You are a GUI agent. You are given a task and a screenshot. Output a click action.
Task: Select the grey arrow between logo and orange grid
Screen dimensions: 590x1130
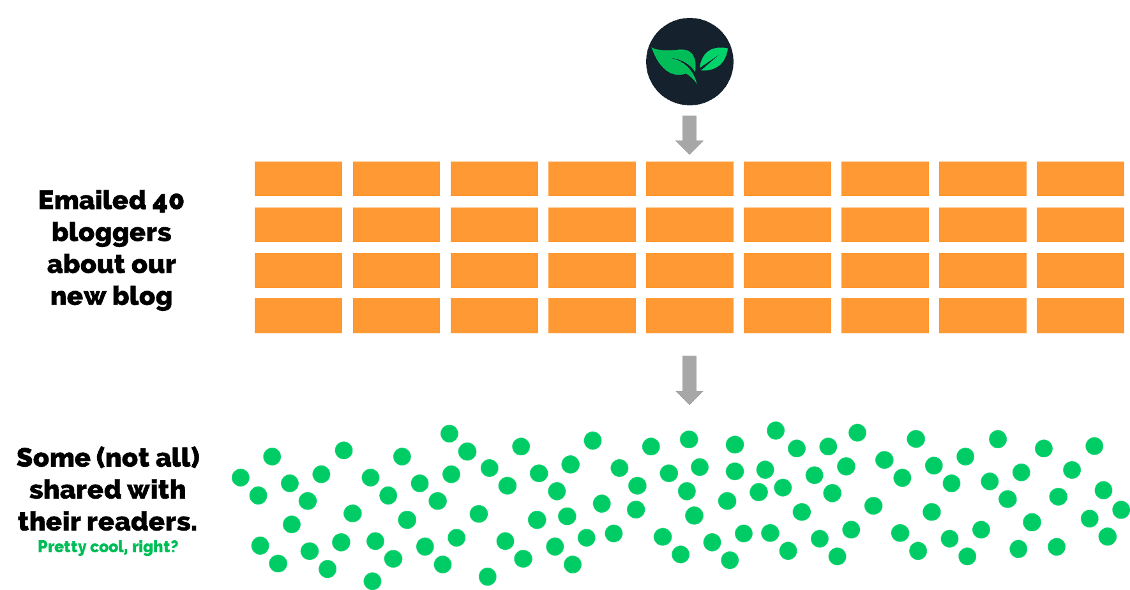[x=689, y=134]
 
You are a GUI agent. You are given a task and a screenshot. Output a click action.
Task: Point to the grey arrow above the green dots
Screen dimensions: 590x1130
[x=689, y=380]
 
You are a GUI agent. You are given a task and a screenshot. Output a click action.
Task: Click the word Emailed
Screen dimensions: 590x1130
[x=93, y=200]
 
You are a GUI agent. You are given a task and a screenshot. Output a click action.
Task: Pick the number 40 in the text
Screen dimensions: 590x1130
[x=169, y=202]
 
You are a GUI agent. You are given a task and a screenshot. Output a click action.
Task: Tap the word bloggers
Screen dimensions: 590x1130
[x=111, y=233]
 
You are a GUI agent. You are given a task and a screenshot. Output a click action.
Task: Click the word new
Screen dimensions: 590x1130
[x=77, y=296]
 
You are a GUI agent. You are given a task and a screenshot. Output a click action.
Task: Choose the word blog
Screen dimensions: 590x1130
[x=142, y=297]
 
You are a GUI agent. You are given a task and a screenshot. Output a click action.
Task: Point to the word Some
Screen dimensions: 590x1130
[x=54, y=458]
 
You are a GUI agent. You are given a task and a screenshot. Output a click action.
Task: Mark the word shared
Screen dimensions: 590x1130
[x=66, y=490]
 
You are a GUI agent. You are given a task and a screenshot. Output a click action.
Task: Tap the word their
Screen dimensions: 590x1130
[x=47, y=522]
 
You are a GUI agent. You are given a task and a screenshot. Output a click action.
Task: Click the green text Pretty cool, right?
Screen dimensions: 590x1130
[x=108, y=547]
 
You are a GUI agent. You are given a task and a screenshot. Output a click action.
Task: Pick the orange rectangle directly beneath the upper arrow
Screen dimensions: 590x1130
[x=689, y=179]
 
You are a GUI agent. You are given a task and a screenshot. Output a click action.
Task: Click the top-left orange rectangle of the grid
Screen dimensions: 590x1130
[x=298, y=179]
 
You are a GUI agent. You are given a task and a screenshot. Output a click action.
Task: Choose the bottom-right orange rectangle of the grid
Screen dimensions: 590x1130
[x=1080, y=315]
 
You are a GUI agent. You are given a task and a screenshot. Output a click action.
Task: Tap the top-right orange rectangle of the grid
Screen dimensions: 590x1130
[x=1080, y=179]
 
